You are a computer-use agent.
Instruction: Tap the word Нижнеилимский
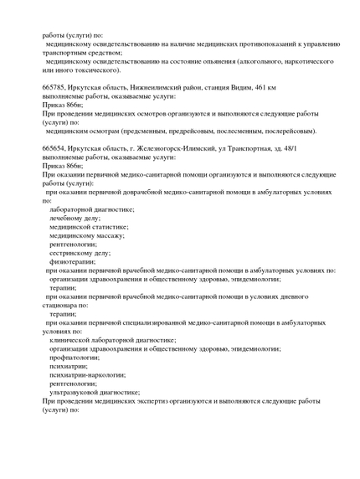(x=152, y=87)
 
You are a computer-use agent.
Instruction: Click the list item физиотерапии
(x=72, y=260)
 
